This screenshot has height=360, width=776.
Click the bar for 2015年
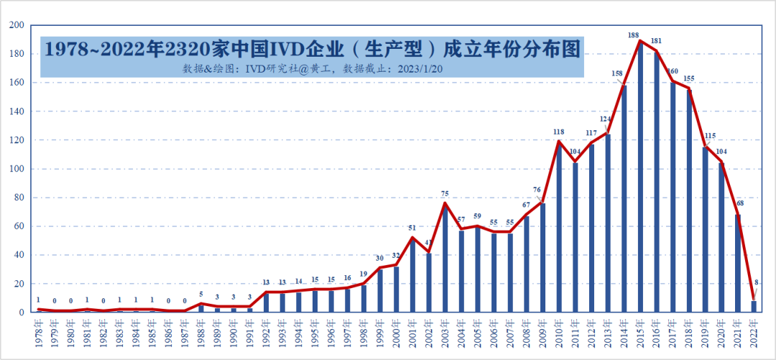(x=640, y=180)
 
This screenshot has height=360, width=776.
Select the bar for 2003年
(x=445, y=259)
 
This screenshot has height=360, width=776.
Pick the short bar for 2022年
(x=754, y=307)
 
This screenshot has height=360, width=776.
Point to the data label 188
(x=633, y=35)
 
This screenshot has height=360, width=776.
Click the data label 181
(x=656, y=41)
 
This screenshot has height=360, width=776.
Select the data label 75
(x=445, y=194)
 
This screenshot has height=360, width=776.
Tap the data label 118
(x=558, y=131)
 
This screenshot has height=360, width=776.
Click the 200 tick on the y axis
(x=17, y=25)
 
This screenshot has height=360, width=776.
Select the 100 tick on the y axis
(x=17, y=169)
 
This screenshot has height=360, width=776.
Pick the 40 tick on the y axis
(x=19, y=255)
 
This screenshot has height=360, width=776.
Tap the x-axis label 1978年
(x=38, y=334)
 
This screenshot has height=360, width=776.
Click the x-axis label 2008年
(x=526, y=334)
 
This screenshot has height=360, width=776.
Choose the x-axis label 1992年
(x=266, y=334)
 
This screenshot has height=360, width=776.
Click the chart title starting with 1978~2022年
(x=312, y=50)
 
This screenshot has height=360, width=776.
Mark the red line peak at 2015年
(x=640, y=40)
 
